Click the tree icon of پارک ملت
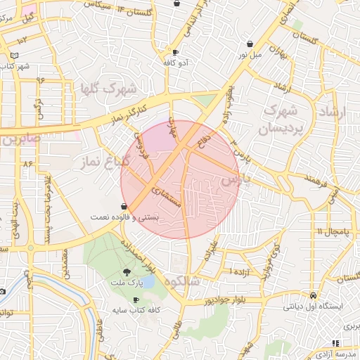[127, 271]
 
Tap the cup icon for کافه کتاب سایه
[136, 300]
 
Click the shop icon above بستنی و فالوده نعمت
[124, 207]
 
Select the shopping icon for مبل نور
[250, 44]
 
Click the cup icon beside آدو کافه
[174, 52]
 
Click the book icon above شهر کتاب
[15, 56]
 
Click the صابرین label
[21, 139]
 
